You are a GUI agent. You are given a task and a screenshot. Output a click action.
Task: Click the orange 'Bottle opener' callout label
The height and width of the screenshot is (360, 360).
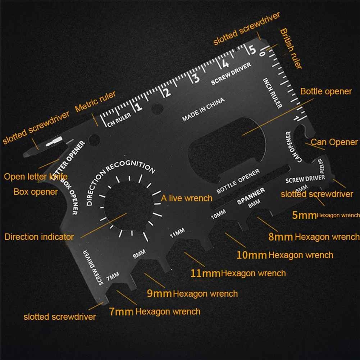pyautogui.click(x=326, y=91)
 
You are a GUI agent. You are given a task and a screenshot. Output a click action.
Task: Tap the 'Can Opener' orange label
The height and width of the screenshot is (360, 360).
pyautogui.click(x=334, y=142)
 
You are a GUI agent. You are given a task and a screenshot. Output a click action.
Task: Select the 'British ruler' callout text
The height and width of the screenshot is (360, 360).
pyautogui.click(x=291, y=49)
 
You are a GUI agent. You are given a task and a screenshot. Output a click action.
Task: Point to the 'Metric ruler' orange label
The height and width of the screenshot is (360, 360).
pyautogui.click(x=95, y=102)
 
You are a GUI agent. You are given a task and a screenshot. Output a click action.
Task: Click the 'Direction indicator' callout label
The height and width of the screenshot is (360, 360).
pyautogui.click(x=39, y=237)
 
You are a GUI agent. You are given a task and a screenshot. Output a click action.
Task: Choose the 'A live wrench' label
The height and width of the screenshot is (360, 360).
pyautogui.click(x=186, y=198)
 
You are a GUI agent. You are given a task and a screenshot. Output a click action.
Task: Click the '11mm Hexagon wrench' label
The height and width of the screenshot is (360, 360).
pyautogui.click(x=238, y=273)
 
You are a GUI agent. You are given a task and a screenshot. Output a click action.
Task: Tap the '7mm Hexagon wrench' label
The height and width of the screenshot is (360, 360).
pyautogui.click(x=155, y=311)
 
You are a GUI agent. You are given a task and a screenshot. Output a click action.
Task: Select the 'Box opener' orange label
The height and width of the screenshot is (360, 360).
pyautogui.click(x=36, y=192)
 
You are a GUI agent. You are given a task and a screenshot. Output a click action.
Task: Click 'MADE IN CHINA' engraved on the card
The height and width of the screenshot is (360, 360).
pyautogui.click(x=203, y=109)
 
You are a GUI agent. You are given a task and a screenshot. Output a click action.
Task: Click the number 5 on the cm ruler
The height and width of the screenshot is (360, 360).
pyautogui.click(x=252, y=49)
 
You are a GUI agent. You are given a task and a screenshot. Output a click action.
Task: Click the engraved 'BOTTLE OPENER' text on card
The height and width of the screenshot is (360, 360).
pyautogui.click(x=238, y=181)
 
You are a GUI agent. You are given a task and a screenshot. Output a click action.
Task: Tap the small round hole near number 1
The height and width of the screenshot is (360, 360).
pyautogui.click(x=157, y=107)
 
